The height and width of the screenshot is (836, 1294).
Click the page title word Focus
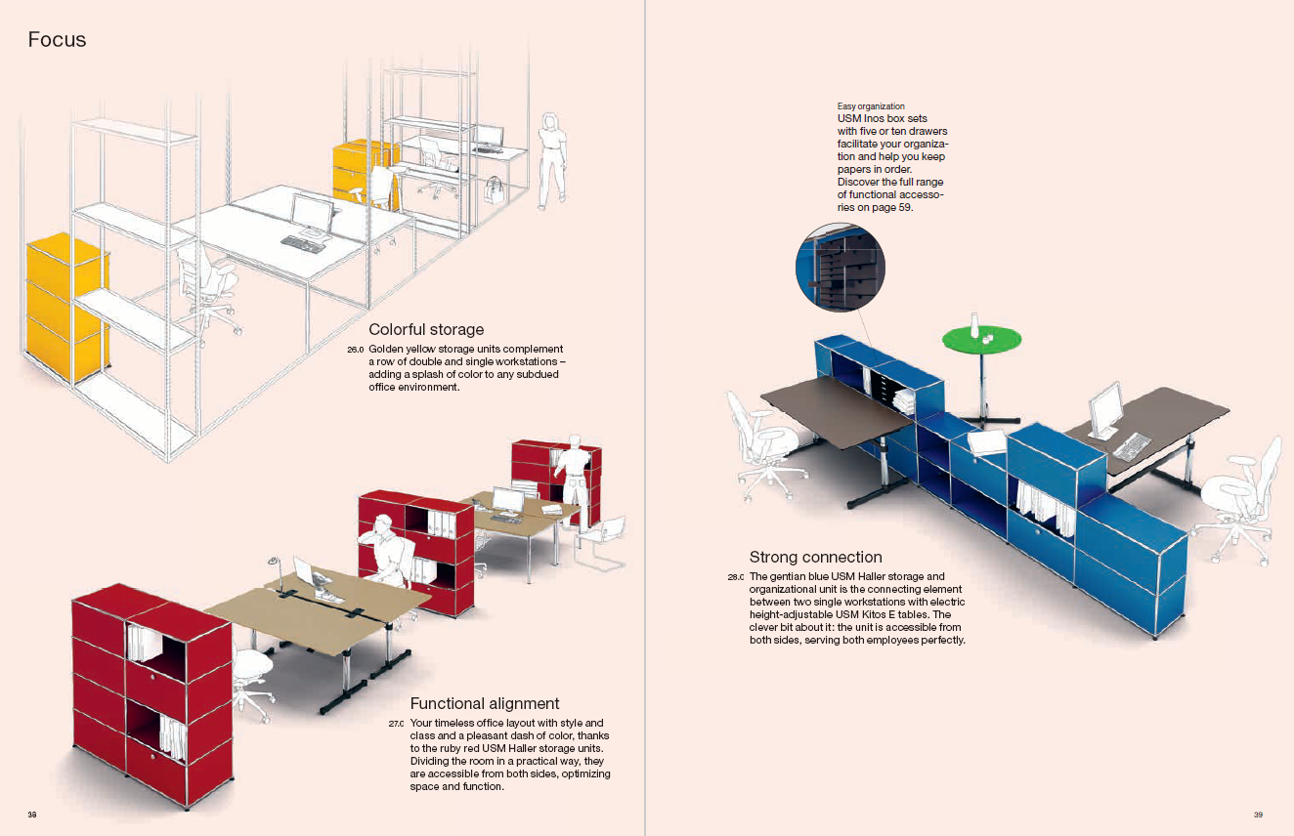[x=57, y=40]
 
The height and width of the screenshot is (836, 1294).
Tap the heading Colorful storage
[x=426, y=330]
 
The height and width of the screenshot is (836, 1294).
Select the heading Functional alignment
[x=485, y=703]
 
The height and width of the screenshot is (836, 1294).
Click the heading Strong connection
[x=815, y=558]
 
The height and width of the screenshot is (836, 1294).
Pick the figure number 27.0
[x=396, y=724]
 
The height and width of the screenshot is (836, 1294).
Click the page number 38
[x=32, y=815]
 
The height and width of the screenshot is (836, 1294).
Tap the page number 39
[x=1259, y=815]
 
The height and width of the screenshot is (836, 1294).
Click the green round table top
[x=981, y=340]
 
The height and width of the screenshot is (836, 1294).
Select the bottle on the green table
[x=974, y=324]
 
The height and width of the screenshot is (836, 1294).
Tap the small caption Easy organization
[x=871, y=106]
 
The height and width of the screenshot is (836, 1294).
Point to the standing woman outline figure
[x=554, y=159]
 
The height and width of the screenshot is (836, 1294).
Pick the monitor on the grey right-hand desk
[x=1106, y=409]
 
